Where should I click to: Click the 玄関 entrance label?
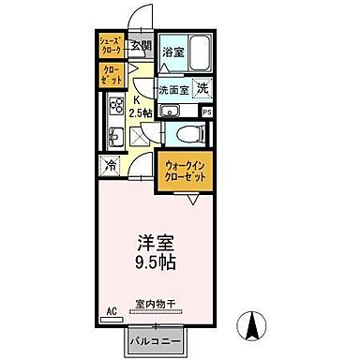pyautogui.click(x=141, y=45)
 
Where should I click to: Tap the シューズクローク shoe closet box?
pyautogui.click(x=112, y=45)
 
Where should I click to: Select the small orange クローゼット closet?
pyautogui.click(x=112, y=75)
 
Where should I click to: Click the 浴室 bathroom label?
pyautogui.click(x=172, y=52)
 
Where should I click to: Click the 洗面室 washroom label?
pyautogui.click(x=175, y=91)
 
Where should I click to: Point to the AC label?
pyautogui.click(x=111, y=307)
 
